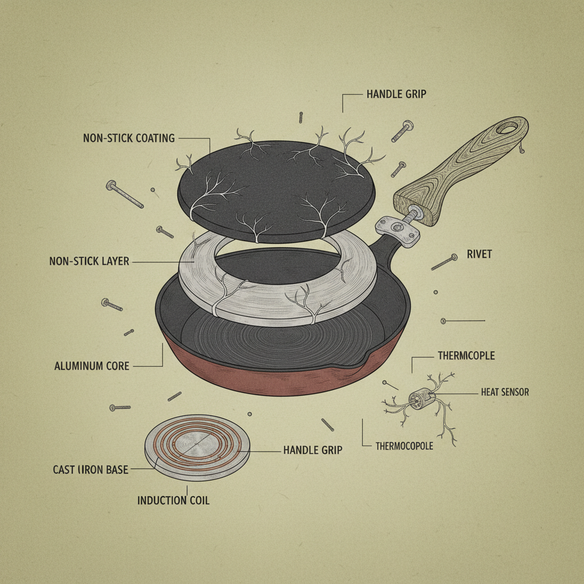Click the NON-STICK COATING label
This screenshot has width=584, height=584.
128,138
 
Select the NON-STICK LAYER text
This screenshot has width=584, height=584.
89,262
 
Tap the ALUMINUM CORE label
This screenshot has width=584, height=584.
92,366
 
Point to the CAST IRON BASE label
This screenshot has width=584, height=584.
90,470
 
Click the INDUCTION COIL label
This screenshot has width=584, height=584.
173,501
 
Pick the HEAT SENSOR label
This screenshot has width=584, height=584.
505,392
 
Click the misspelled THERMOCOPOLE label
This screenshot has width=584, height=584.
404,446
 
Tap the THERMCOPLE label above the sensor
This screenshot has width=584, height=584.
466,356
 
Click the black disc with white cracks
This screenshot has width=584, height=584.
277,188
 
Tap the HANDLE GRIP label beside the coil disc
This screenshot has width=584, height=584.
313,450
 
